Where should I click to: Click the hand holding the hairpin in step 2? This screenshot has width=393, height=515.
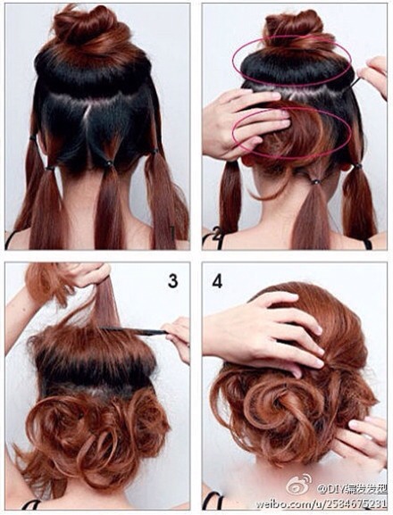pyautogui.click(x=374, y=77)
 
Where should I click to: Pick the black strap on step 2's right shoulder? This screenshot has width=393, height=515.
pyautogui.click(x=366, y=243)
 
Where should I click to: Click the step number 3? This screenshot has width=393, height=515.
pyautogui.click(x=171, y=280)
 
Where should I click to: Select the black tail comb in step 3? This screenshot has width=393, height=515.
pyautogui.click(x=134, y=331)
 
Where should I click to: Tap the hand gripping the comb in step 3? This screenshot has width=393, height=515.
pyautogui.click(x=179, y=336)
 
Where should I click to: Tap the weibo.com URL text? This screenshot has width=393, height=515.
pyautogui.click(x=322, y=503)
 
